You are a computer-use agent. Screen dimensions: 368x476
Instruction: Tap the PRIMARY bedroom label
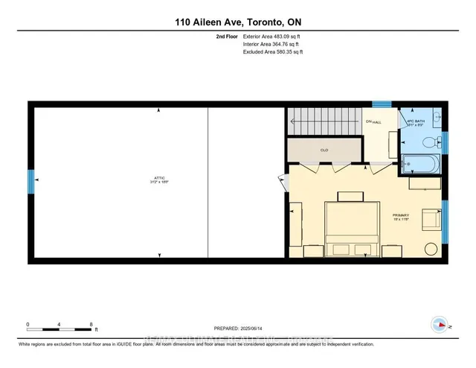pos(402,217)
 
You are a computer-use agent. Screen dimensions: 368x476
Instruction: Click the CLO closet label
pos(324,150)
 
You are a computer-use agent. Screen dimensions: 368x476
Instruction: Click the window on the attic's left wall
pos(31,180)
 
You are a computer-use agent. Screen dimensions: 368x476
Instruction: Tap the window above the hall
pos(381,104)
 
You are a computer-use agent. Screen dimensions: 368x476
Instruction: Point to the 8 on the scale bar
pos(91,325)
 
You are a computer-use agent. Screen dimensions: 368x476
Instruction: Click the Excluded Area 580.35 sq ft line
pos(272,52)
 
